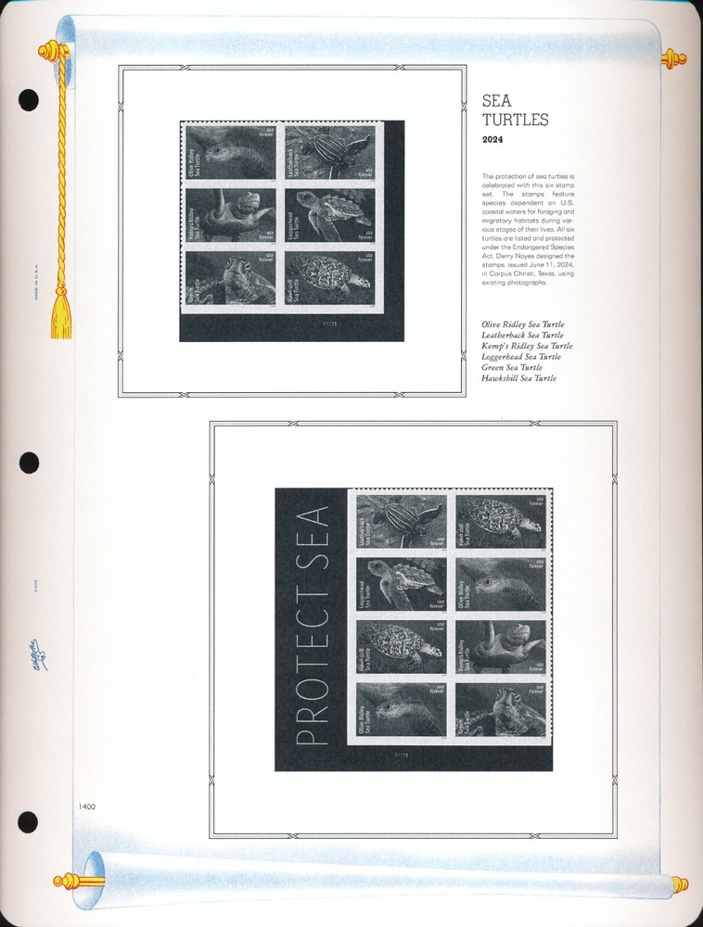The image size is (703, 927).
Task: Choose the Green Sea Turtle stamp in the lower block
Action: pyautogui.click(x=499, y=710)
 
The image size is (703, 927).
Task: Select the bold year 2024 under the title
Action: pyautogui.click(x=494, y=140)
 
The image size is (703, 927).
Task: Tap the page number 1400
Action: pyautogui.click(x=87, y=806)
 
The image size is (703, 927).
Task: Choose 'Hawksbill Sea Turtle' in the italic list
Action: pyautogui.click(x=518, y=378)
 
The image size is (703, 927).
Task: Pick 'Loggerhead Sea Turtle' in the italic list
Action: pyautogui.click(x=520, y=357)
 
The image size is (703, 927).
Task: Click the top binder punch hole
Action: pyautogui.click(x=29, y=99)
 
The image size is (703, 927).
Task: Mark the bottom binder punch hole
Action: pyautogui.click(x=29, y=821)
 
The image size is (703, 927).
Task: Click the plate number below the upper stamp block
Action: pyautogui.click(x=326, y=324)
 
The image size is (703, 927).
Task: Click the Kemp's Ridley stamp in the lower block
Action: pyautogui.click(x=499, y=647)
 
